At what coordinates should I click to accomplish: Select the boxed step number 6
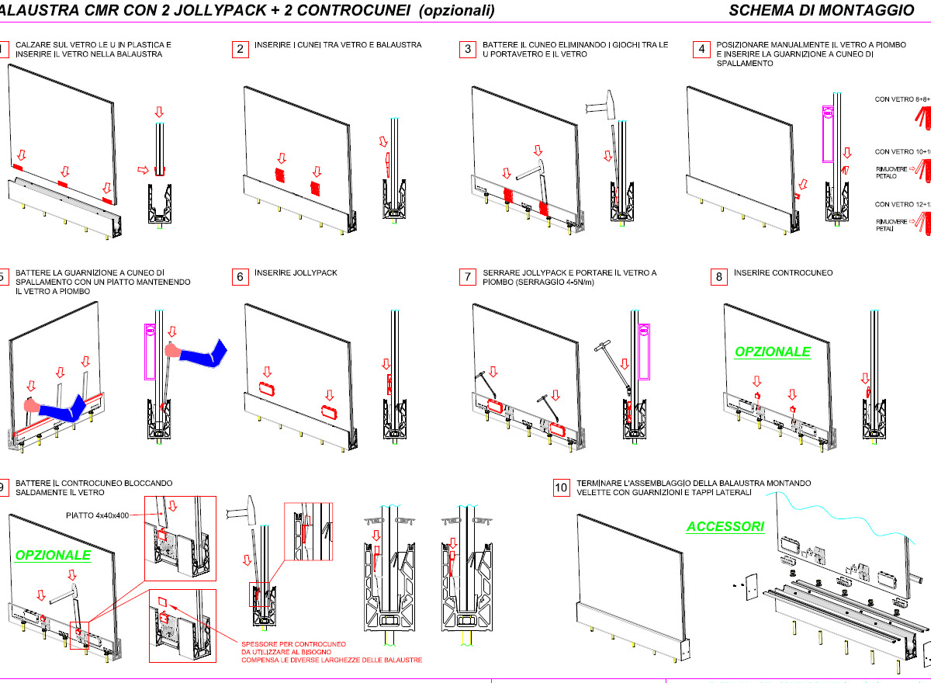point(240,277)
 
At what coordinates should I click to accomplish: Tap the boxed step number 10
point(561,488)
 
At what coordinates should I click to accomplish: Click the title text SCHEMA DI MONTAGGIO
point(822,10)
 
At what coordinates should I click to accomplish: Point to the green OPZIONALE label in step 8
point(773,352)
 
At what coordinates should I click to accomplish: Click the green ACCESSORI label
point(725,526)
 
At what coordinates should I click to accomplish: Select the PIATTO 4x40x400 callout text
point(96,515)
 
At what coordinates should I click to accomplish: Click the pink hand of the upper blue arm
point(171,351)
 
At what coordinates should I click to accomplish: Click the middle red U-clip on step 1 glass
point(63,185)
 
